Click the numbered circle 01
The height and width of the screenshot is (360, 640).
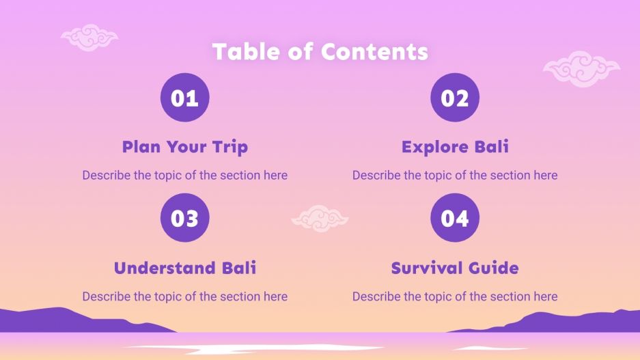coord(184,98)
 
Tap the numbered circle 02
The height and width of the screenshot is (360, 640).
coord(455,98)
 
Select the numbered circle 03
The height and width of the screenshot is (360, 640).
coord(184,218)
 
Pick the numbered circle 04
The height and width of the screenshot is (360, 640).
coord(455,218)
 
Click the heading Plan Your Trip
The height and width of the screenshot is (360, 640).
coord(184,147)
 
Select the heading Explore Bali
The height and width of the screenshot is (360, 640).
coord(455,147)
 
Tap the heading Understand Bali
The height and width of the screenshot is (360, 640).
coord(184,268)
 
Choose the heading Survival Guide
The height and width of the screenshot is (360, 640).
coord(455,268)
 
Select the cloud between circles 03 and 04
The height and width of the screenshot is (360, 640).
coord(320,218)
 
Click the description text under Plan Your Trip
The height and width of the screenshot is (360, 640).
coord(184,176)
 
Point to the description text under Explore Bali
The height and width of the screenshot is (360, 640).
coord(455,176)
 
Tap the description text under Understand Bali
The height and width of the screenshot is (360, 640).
coord(184,296)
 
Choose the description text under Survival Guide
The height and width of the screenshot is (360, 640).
coord(455,296)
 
